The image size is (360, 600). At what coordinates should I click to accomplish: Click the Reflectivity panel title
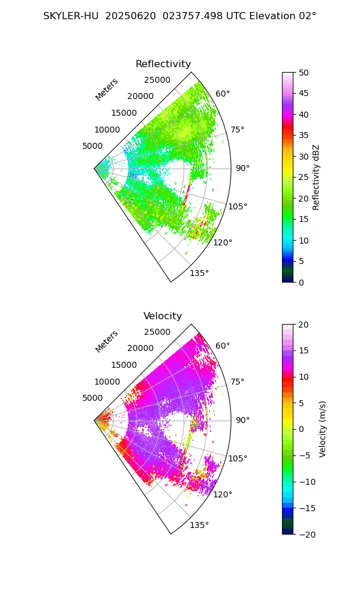coord(163,64)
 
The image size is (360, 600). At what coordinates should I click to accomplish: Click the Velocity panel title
coord(163,316)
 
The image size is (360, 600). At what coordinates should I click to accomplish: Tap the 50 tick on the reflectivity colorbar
coord(304,73)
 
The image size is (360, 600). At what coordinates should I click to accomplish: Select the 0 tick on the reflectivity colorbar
coord(302,282)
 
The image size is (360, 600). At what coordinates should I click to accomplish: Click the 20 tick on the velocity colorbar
coord(304,325)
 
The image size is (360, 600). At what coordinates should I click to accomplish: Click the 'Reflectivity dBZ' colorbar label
coord(316,177)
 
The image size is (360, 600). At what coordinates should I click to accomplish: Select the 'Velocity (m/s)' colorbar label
coord(323,429)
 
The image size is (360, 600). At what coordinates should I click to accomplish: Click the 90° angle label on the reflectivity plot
coord(242,168)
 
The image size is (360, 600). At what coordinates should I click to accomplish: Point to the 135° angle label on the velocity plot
coord(199,526)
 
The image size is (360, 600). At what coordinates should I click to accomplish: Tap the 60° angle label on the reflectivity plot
coord(223,94)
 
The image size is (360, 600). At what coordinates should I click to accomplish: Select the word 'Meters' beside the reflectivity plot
coord(107,89)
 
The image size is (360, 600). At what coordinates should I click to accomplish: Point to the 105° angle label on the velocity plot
coord(237,459)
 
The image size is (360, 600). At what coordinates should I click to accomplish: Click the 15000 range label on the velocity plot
coord(124,365)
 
